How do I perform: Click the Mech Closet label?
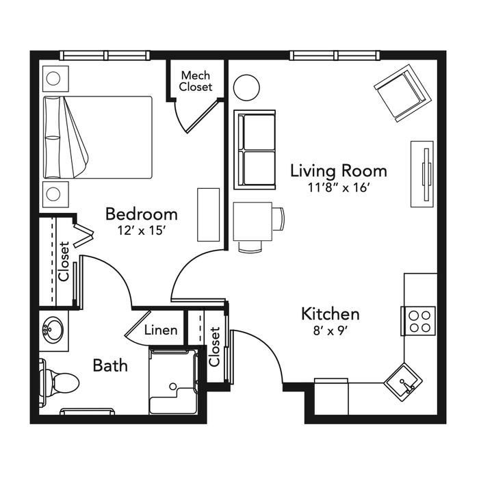pos(196,81)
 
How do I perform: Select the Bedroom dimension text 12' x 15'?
pos(142,231)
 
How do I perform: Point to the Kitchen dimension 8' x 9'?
pos(331,331)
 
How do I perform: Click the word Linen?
pos(161,331)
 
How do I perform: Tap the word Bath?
pos(110,365)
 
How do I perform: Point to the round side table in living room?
pos(246,88)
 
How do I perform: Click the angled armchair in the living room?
pos(402,94)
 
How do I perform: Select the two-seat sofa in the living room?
pos(255,150)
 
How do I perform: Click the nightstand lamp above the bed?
pos(53,79)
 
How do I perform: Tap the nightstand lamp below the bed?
pos(53,194)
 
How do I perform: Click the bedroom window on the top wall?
pos(105,55)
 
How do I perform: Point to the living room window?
pos(335,55)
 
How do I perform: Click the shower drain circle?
pos(173,386)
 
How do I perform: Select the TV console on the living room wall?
pos(422,174)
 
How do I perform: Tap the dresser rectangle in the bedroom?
pos(208,215)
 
